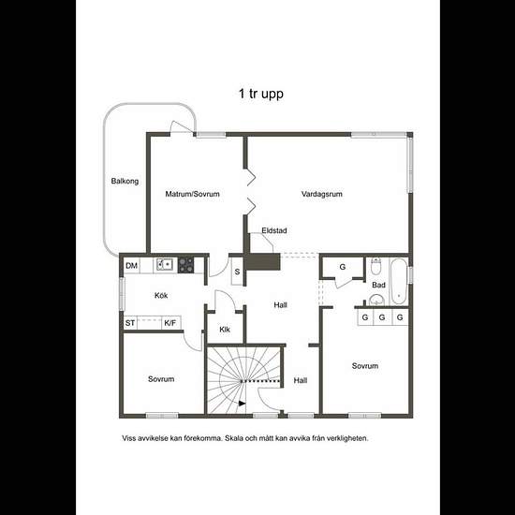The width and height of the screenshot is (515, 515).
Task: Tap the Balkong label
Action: [x=125, y=181]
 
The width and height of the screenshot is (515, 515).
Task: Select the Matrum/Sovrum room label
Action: [x=192, y=194]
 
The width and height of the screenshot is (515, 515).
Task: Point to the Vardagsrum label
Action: [x=322, y=194]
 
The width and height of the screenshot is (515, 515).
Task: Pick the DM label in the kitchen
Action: [x=131, y=266]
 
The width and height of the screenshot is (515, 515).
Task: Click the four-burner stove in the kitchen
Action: [x=185, y=265]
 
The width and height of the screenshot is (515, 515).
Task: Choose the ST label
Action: [x=130, y=323]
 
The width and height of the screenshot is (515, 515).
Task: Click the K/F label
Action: [x=169, y=323]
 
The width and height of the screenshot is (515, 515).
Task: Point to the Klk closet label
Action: [x=225, y=330]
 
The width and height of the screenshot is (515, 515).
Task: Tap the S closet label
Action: [x=237, y=272]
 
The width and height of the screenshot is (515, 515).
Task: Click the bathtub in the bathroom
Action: [x=398, y=281]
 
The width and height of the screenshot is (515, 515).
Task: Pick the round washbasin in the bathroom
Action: [x=375, y=300]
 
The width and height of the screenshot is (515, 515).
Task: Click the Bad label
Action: [x=378, y=285]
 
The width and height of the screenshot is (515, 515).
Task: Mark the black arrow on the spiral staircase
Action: [x=243, y=404]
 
